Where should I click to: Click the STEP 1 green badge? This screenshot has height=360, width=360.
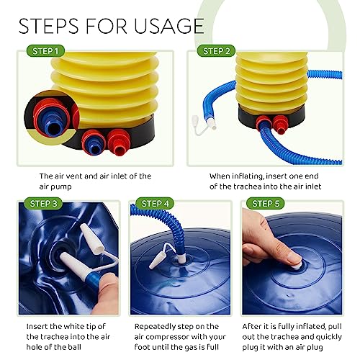(45, 51)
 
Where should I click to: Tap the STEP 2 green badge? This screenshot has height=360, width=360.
(216, 51)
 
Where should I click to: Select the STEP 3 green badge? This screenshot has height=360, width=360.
(43, 204)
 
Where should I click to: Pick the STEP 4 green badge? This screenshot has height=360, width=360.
(155, 204)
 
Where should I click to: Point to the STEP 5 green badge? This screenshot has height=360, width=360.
(266, 204)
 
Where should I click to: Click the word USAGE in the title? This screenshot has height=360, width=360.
(169, 26)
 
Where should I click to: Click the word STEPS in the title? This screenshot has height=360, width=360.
(48, 26)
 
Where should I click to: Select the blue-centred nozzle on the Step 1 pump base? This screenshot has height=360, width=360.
(94, 143)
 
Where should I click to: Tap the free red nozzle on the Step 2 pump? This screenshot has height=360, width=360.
(281, 125)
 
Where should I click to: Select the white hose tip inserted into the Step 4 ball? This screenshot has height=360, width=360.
(182, 257)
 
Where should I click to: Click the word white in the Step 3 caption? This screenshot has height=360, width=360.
(76, 326)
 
